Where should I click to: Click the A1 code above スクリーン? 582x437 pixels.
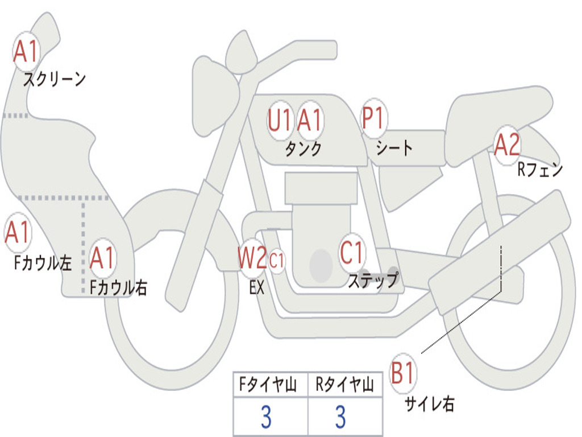point(26,52)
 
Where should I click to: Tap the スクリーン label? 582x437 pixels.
point(55,79)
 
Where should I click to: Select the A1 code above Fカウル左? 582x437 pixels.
point(17,233)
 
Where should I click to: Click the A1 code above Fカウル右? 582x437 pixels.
point(103,258)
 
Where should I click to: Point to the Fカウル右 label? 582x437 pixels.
point(119,287)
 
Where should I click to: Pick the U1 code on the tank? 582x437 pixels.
point(280,120)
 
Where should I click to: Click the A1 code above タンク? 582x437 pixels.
point(310,120)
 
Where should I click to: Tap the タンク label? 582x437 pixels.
point(303,149)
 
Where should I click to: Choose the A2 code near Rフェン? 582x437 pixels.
point(506,145)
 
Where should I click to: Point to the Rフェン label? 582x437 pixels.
point(539,170)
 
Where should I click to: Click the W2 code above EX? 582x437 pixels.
point(252,259)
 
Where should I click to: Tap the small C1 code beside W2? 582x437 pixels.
point(277,261)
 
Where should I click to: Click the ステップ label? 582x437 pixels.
point(373,280)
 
